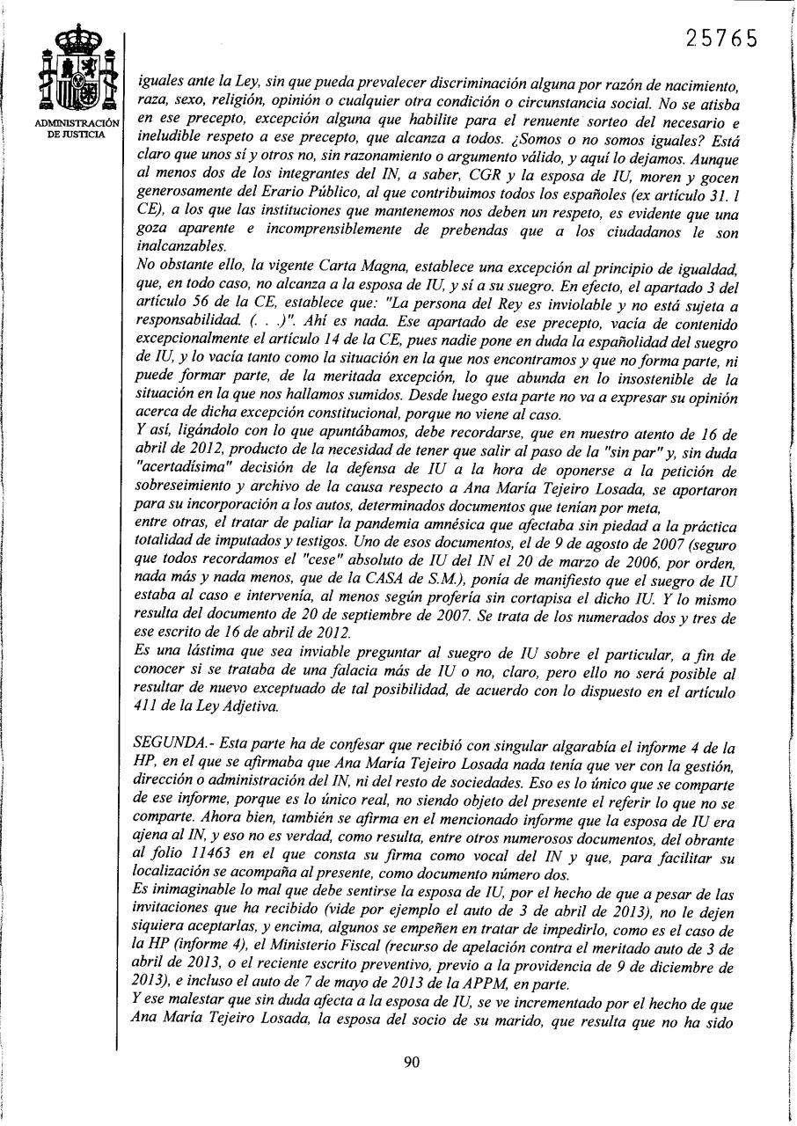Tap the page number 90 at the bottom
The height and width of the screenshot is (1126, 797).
click(x=411, y=1061)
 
